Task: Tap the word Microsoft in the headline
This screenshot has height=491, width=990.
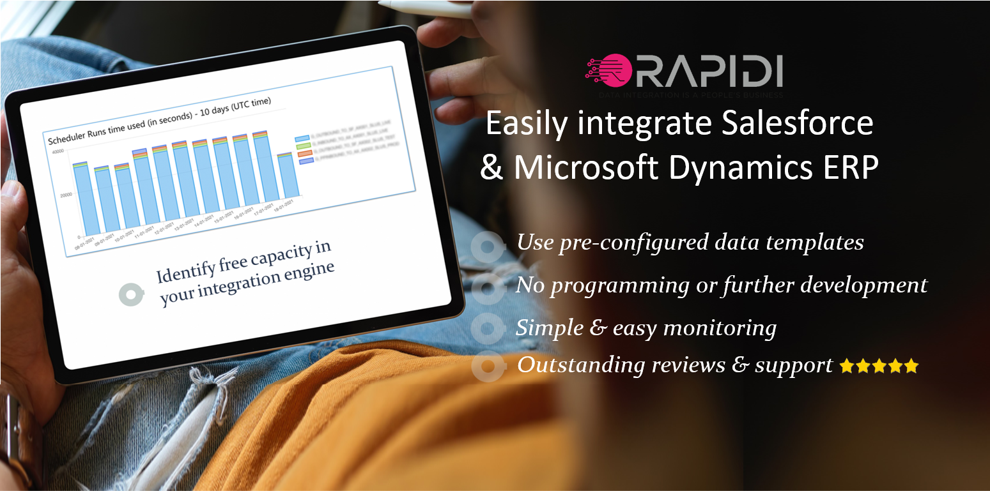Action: [x=587, y=167]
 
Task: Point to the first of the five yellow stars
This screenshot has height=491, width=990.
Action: [x=846, y=366]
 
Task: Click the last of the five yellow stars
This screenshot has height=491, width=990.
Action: [x=911, y=366]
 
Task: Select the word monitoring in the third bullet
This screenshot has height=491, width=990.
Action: [x=720, y=328]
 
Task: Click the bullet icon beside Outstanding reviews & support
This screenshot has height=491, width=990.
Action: [x=488, y=366]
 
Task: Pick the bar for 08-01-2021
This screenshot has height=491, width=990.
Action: [x=86, y=199]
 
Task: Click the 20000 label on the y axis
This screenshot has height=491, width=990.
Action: [x=65, y=195]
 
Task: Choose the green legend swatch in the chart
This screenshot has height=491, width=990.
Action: [x=303, y=146]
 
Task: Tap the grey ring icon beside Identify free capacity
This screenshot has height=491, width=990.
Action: [x=132, y=294]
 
